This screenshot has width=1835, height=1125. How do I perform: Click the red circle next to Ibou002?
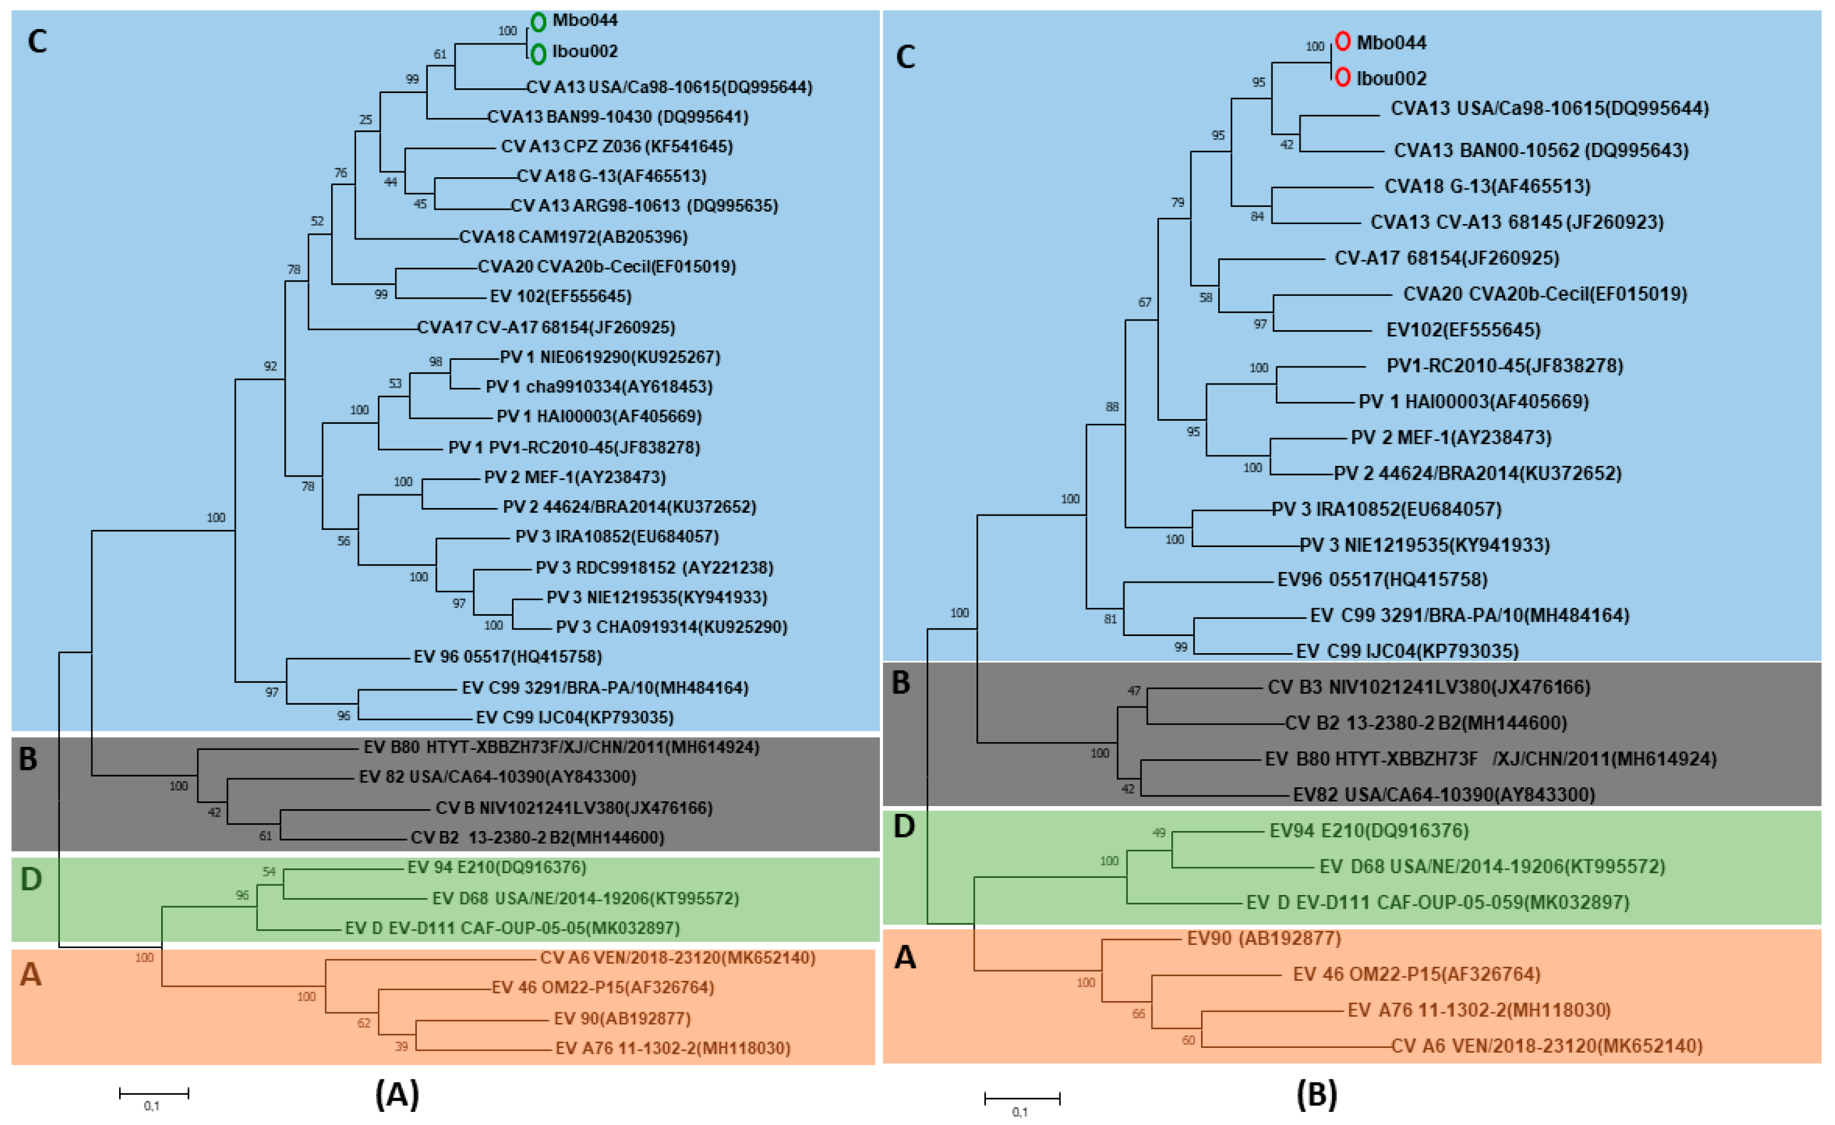[x=1342, y=76]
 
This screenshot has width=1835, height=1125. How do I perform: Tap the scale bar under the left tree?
[x=153, y=1093]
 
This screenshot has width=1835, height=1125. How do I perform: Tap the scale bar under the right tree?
[x=1021, y=1098]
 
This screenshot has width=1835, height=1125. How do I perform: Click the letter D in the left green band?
[x=31, y=879]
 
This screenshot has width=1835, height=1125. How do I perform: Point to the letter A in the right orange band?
[x=905, y=957]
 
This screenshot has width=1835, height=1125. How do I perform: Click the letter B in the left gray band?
[x=28, y=759]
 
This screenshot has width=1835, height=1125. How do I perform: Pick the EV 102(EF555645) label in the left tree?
[x=560, y=296]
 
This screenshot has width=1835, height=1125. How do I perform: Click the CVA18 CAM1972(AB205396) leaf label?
[x=573, y=237]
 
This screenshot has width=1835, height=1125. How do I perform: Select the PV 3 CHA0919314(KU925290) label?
[x=671, y=627]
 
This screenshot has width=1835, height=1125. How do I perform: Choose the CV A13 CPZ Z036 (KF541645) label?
[x=617, y=146]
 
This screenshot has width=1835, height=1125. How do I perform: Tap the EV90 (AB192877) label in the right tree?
[x=1263, y=938]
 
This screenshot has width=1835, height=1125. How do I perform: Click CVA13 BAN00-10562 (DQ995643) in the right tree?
[x=1540, y=151]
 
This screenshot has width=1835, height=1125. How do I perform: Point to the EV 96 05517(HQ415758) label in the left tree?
[x=507, y=656]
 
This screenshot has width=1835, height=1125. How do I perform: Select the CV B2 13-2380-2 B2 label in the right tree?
[x=1426, y=723]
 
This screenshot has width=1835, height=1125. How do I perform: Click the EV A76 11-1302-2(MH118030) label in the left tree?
[x=672, y=1049]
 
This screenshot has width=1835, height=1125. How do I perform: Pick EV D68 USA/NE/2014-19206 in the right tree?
[x=1492, y=867]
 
